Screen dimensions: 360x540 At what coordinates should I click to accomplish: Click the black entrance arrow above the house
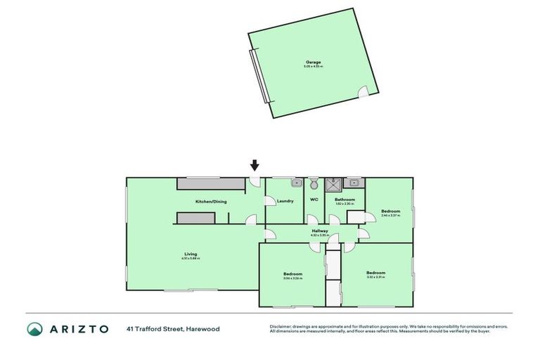tap(255, 166)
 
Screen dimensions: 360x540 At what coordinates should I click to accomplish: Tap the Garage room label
tap(313, 62)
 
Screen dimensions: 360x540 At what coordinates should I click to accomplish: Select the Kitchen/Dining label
tap(211, 202)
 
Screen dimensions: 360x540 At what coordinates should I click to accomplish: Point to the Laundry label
tap(285, 202)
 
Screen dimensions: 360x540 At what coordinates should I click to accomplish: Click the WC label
tap(314, 200)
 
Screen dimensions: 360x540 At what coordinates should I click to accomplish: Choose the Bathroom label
tap(345, 200)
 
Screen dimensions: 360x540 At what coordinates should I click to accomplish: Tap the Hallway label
tap(321, 230)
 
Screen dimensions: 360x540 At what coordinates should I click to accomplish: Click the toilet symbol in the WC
tap(314, 184)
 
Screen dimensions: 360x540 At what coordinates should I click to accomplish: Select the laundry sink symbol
tap(296, 183)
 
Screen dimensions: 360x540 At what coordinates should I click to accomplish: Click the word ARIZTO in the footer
tap(79, 328)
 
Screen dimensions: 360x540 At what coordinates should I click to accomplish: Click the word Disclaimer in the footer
tap(280, 326)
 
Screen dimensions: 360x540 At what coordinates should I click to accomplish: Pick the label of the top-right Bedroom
tap(391, 212)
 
